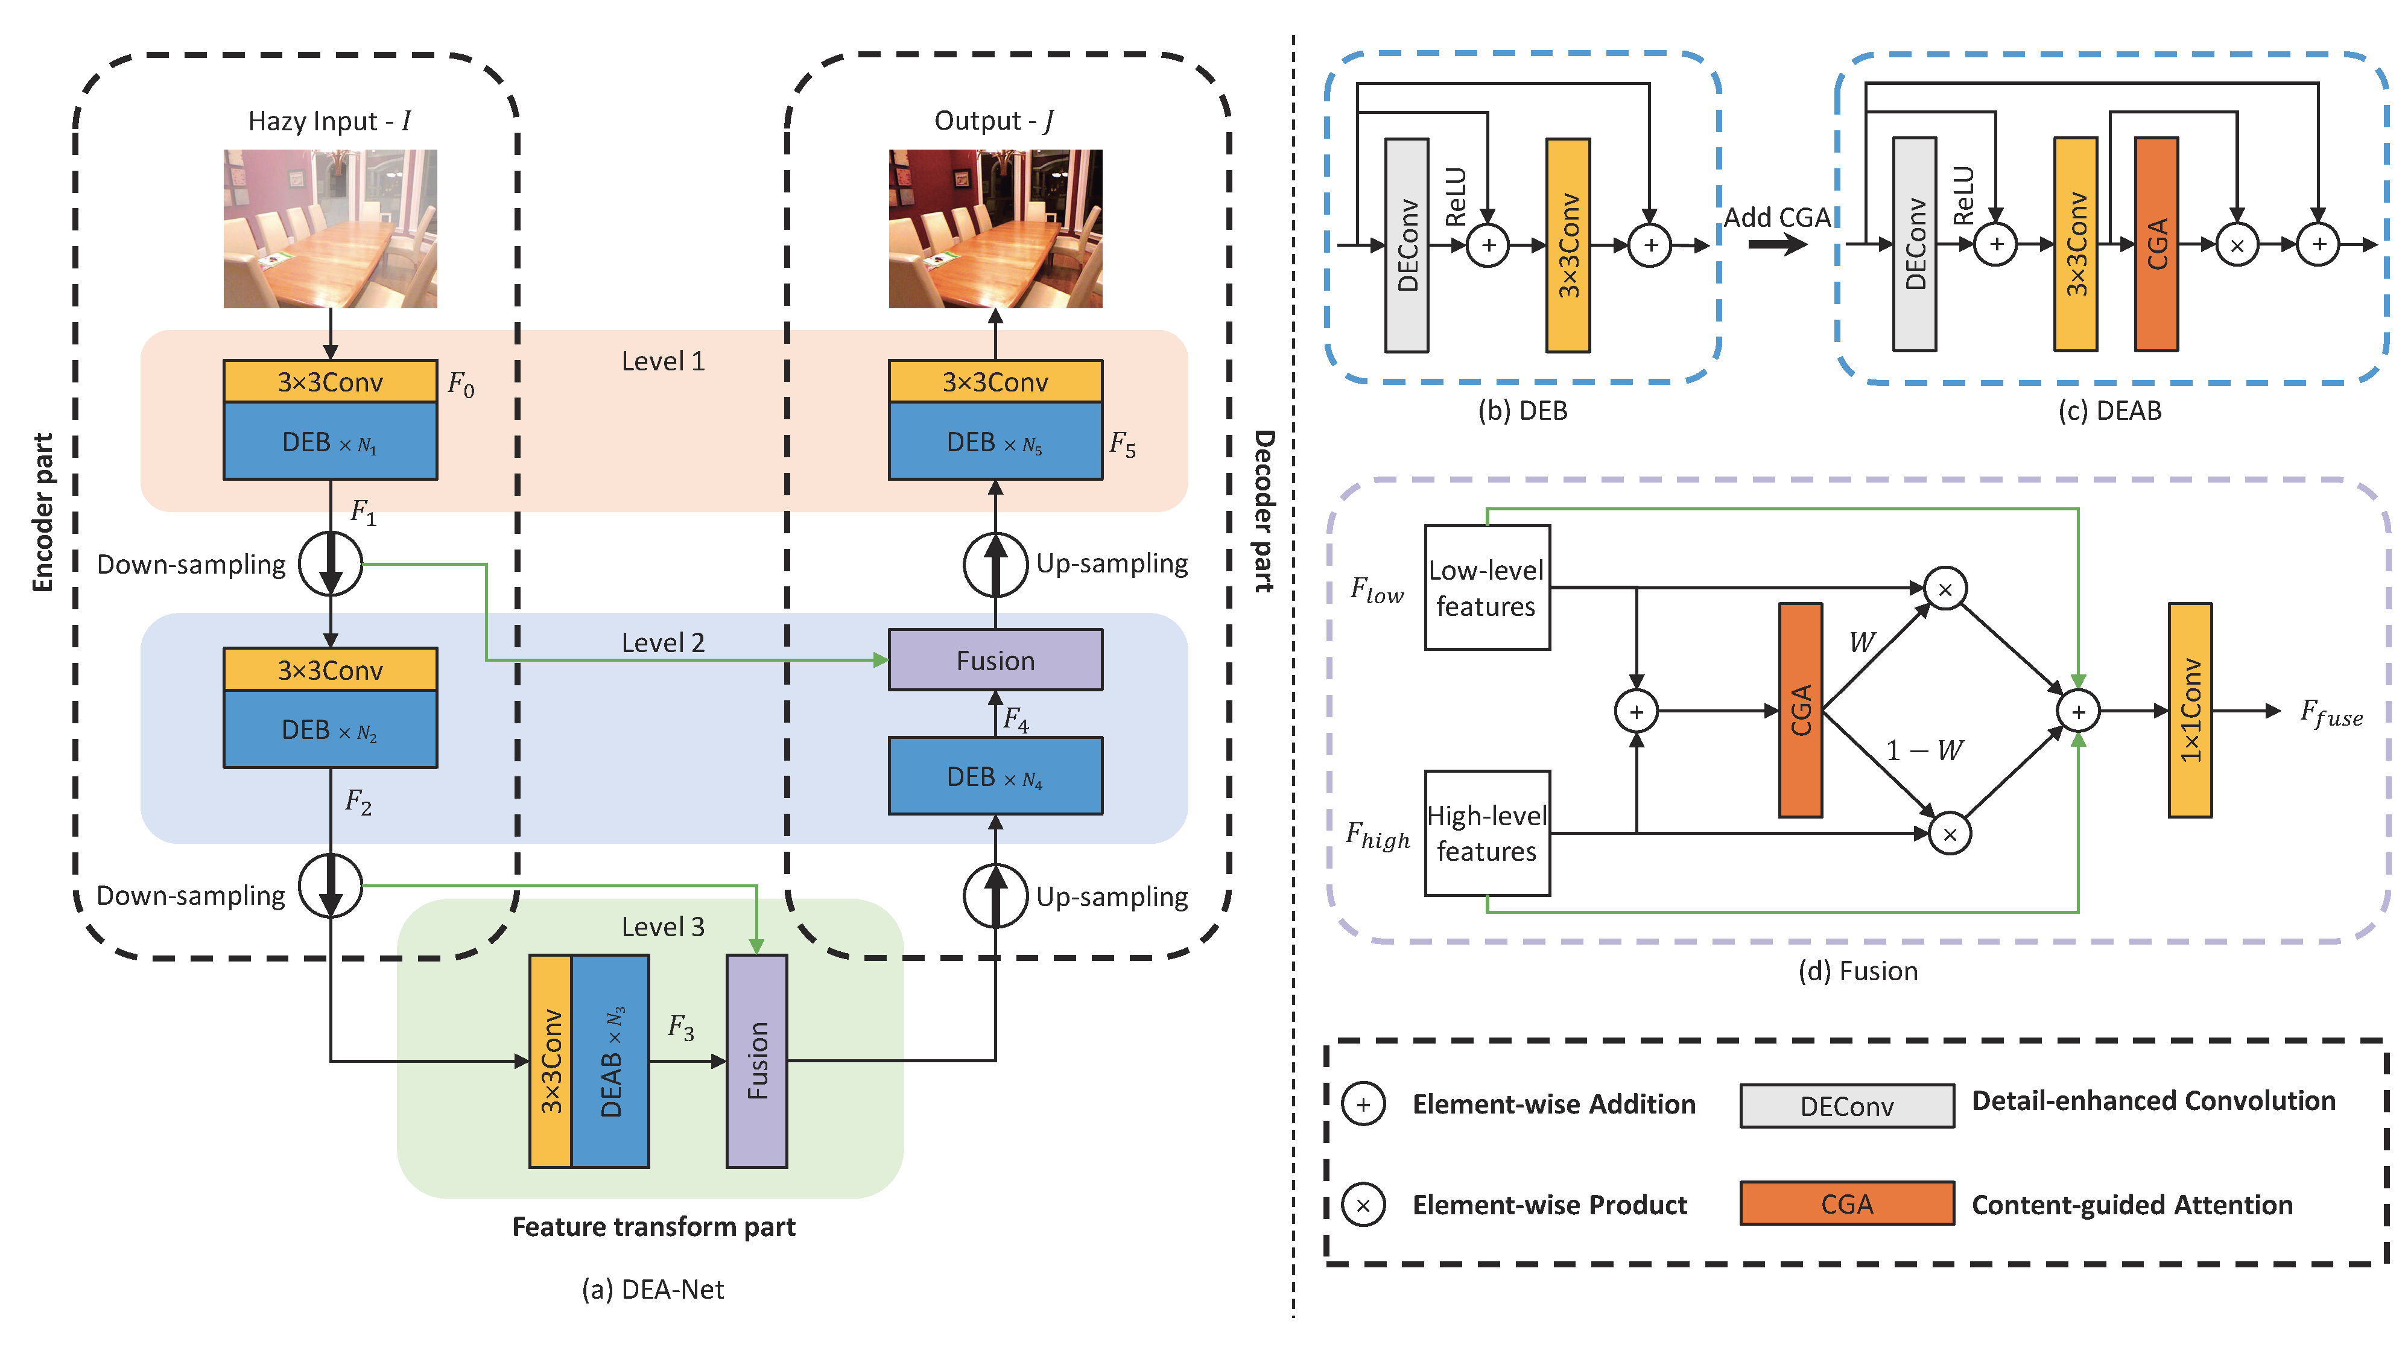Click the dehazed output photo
click(x=995, y=228)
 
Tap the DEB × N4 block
click(x=995, y=777)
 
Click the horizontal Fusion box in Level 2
click(x=995, y=660)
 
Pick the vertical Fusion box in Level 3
click(x=756, y=1060)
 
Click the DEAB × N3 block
click(x=610, y=1060)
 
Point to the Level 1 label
click(x=663, y=361)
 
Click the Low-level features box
click(x=1486, y=588)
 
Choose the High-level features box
click(x=1486, y=833)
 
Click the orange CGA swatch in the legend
click(x=1846, y=1203)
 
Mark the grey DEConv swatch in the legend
click(x=1846, y=1106)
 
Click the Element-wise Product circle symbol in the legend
click(x=1363, y=1205)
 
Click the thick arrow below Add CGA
click(x=1778, y=245)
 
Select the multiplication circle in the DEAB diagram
click(x=2237, y=246)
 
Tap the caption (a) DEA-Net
click(x=653, y=1290)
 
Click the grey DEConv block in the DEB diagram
click(x=1406, y=245)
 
